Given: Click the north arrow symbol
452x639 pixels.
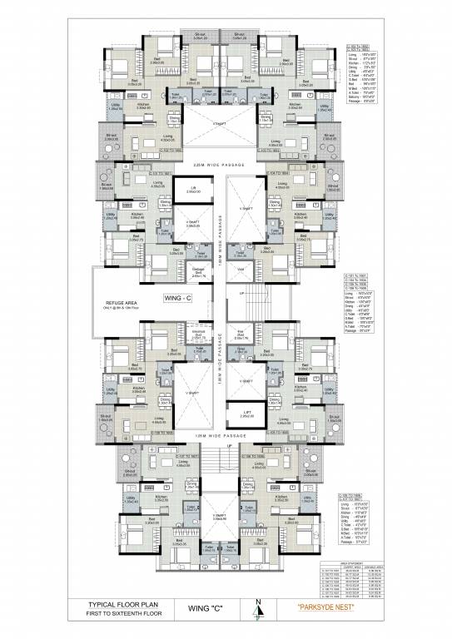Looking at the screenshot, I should click(x=259, y=612).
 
